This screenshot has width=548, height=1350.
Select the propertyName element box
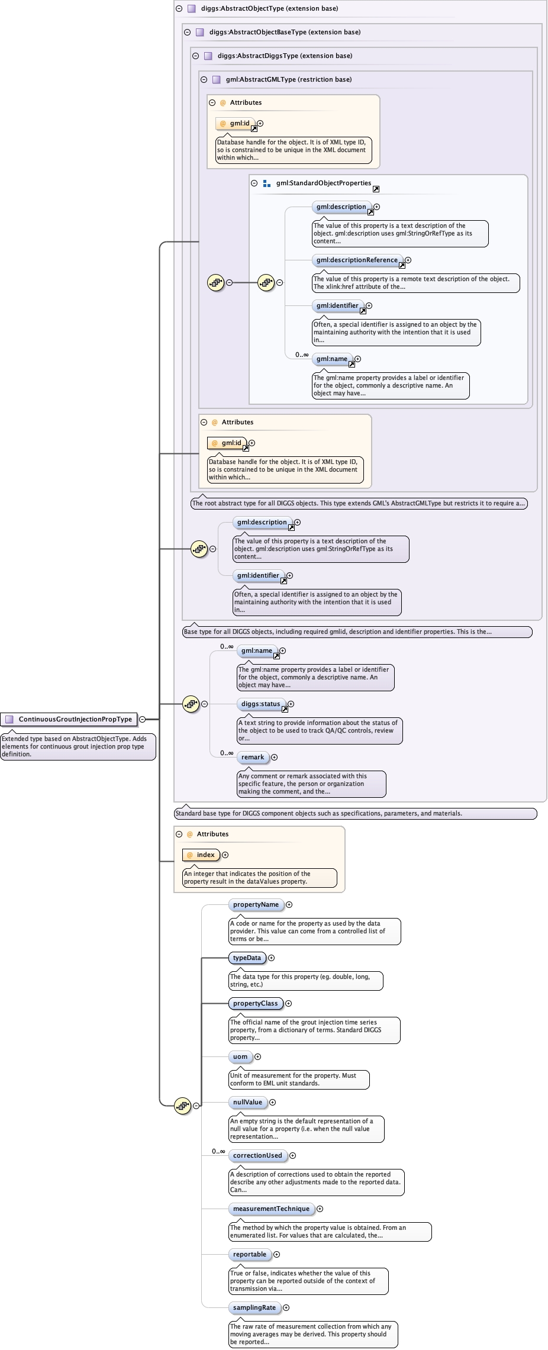[x=256, y=904]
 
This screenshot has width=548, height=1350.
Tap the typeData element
[x=247, y=958]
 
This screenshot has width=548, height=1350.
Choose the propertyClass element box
[x=255, y=1003]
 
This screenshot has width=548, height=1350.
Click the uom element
[x=240, y=1056]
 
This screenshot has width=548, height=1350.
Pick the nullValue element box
[x=247, y=1102]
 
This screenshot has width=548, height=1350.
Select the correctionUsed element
[x=257, y=1155]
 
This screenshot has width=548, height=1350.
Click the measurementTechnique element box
[x=271, y=1209]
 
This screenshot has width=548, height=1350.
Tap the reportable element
[x=250, y=1254]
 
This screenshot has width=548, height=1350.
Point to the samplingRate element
[x=254, y=1307]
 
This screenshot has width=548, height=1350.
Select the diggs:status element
[x=260, y=704]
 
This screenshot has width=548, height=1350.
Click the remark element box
[x=253, y=757]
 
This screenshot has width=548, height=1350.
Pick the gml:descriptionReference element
[x=357, y=260]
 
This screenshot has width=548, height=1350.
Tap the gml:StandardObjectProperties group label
[x=324, y=183]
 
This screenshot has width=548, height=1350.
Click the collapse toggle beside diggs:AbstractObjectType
[x=179, y=9]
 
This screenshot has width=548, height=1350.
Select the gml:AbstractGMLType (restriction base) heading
[x=289, y=79]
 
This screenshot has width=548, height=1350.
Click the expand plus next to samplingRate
[x=286, y=1307]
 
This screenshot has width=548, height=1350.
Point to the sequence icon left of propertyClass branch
[x=182, y=1105]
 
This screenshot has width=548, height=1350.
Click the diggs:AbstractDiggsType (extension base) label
[x=285, y=56]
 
